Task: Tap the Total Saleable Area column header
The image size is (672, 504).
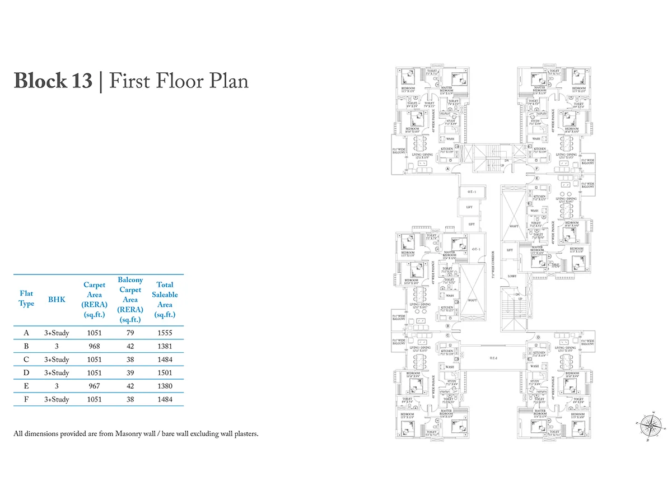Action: coord(165,300)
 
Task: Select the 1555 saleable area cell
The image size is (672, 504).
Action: coord(165,333)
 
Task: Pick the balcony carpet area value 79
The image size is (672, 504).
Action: coord(130,333)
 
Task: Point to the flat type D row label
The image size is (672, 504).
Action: coord(26,373)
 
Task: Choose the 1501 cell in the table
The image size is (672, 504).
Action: coord(165,373)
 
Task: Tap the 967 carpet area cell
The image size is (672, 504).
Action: coord(94,386)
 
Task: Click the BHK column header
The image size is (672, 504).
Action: coord(57,300)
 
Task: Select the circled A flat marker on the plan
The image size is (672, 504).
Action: coord(448,168)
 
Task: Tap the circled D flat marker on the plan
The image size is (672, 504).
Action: coord(538,338)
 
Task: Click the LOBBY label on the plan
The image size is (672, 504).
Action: coord(511,276)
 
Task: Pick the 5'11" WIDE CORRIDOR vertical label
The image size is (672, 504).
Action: coord(493,263)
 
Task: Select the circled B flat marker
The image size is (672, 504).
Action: coord(448,325)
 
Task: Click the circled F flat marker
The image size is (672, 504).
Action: coord(536,168)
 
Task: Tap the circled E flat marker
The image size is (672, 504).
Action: coord(536,178)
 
